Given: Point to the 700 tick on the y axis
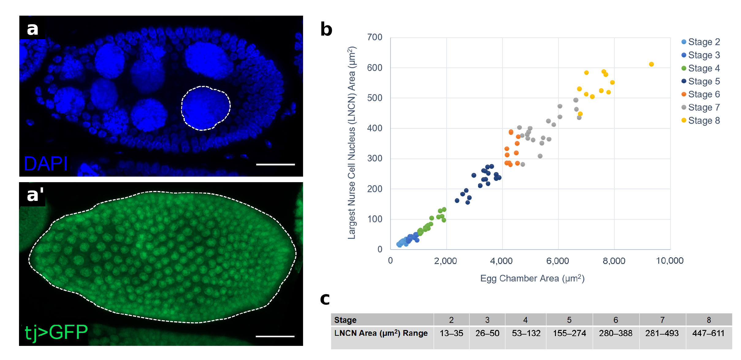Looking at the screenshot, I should point(374,37).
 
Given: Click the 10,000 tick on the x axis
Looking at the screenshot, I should point(670,261).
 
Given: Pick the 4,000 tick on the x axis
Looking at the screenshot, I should point(501,261).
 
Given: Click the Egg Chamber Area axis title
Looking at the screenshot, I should point(532,278).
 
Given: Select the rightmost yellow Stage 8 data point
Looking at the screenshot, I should point(651,64).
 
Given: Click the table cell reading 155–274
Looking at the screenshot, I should point(569,333).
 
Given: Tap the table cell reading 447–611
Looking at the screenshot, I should point(708,333).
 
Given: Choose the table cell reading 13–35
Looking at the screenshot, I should point(451,333).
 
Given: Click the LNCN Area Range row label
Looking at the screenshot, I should point(381,333).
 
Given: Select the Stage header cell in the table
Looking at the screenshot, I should point(345,320).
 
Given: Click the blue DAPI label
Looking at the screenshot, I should point(46,164).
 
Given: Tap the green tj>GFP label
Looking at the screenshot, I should point(56,332).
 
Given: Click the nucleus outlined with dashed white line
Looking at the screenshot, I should point(205,108).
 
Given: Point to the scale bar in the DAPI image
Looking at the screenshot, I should point(275,165).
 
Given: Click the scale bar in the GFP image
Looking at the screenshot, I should point(275,336).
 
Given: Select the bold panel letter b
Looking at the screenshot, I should point(326,29).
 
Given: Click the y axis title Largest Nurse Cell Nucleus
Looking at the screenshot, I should point(351,143).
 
